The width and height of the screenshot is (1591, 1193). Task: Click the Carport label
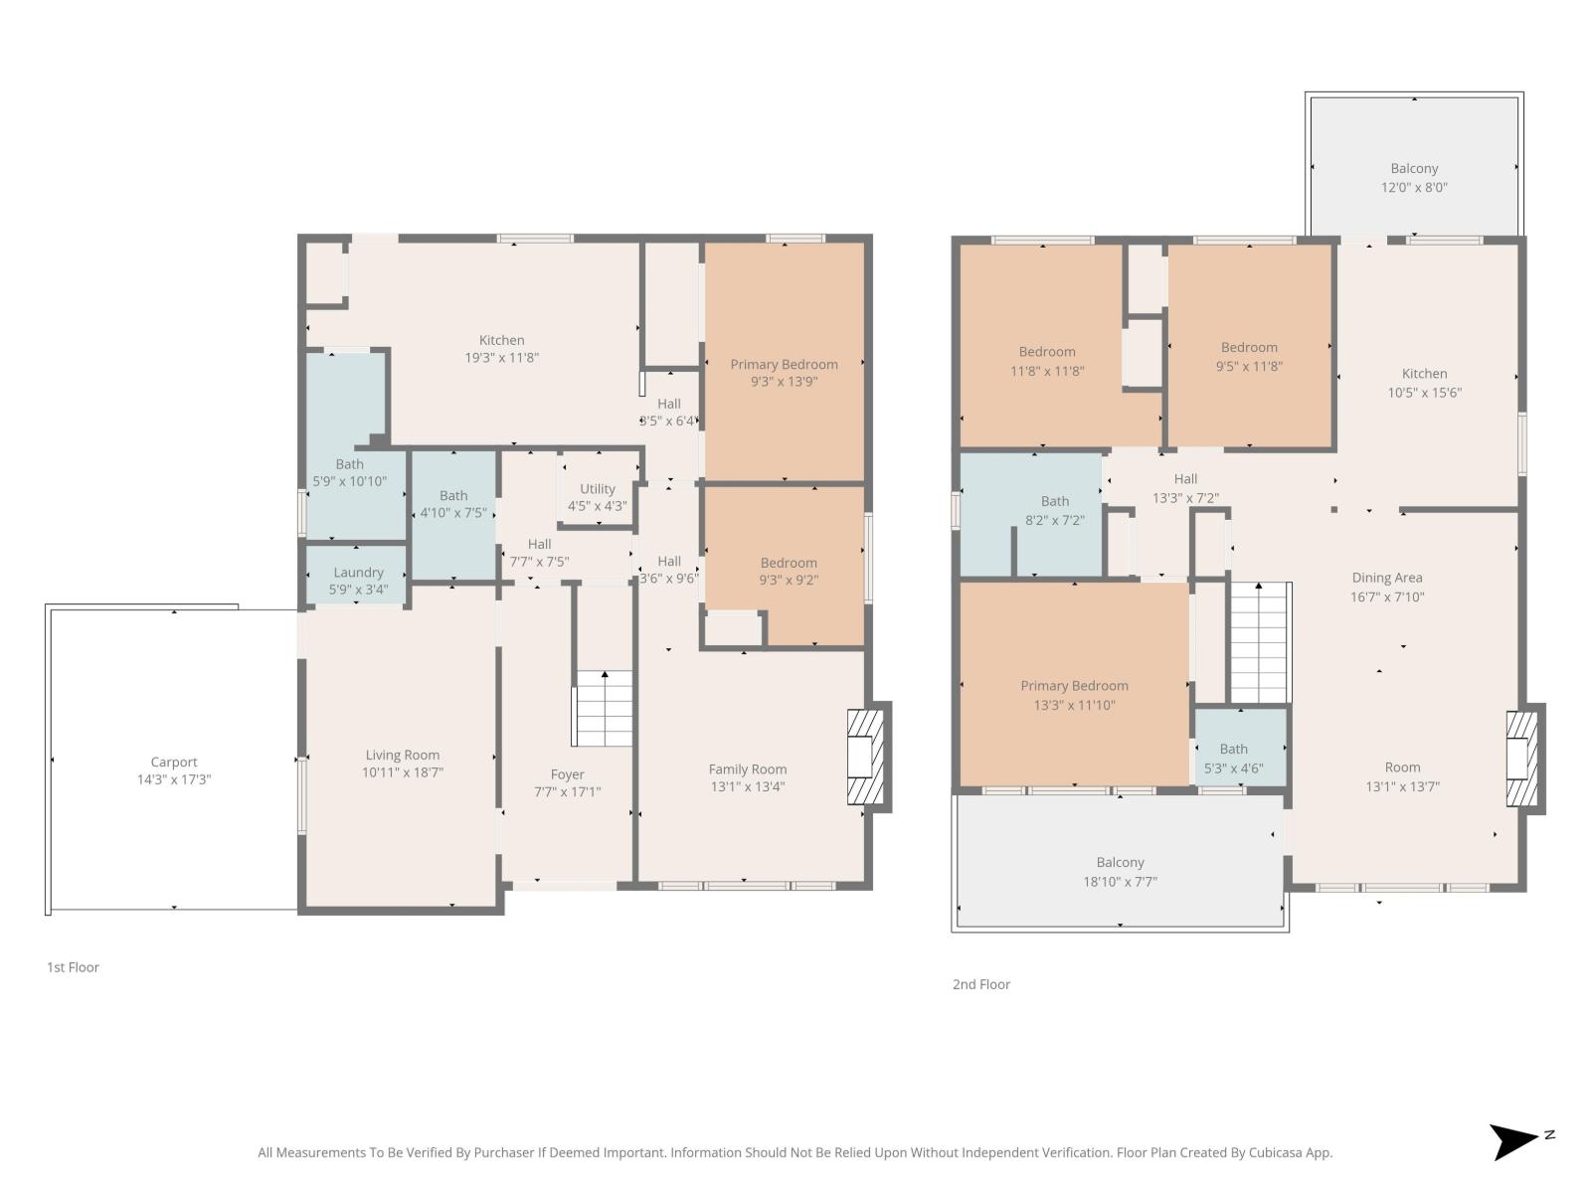pos(174,763)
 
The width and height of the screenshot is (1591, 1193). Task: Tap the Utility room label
pos(597,489)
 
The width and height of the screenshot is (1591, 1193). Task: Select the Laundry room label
pos(358,573)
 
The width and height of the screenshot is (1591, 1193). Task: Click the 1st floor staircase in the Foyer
pos(604,709)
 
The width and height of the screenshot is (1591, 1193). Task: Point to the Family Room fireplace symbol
pos(863,756)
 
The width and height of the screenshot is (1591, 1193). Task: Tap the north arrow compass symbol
pos(1516,1141)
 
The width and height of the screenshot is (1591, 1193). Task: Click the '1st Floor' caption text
pos(73,967)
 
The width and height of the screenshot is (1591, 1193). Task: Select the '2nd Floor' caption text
pos(980,984)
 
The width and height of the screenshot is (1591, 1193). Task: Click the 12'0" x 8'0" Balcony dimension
pos(1414,187)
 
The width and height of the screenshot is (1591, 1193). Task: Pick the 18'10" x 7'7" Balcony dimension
pos(1120,882)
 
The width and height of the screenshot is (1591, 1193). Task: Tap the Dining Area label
pos(1386,578)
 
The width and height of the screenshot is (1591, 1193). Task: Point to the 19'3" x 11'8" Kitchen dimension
pos(501,358)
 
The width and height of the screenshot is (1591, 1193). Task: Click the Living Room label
pos(402,755)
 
